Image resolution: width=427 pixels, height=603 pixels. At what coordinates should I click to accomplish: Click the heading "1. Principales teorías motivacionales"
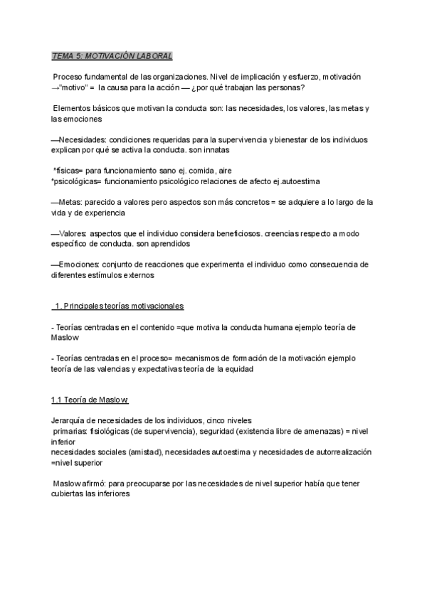pos(119,306)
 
